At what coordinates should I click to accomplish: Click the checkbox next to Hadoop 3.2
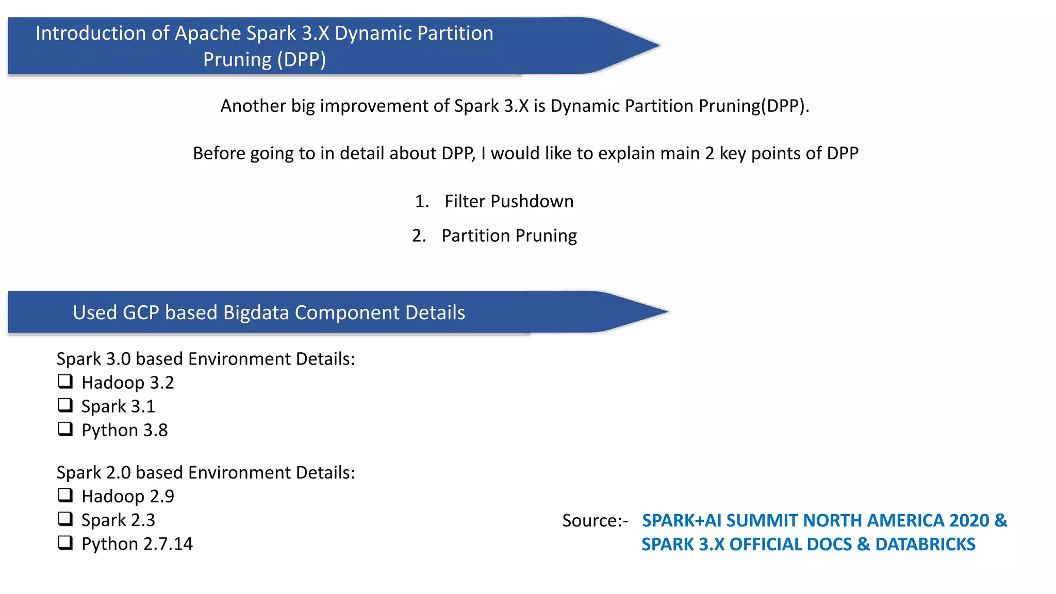point(65,382)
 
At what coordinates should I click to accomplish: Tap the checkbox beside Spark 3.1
point(65,405)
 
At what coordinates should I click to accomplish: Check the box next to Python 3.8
point(65,429)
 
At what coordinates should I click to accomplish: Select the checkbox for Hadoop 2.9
point(65,495)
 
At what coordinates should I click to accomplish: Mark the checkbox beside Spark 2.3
point(65,519)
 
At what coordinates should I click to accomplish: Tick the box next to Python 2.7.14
point(65,542)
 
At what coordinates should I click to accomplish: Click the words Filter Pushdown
point(509,201)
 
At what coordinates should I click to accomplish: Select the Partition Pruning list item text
point(509,236)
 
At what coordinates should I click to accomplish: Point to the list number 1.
point(421,201)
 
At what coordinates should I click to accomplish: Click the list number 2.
point(419,236)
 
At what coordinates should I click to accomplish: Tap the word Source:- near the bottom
point(595,521)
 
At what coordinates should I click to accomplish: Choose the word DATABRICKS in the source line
point(925,544)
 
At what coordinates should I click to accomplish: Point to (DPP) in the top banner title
point(302,59)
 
